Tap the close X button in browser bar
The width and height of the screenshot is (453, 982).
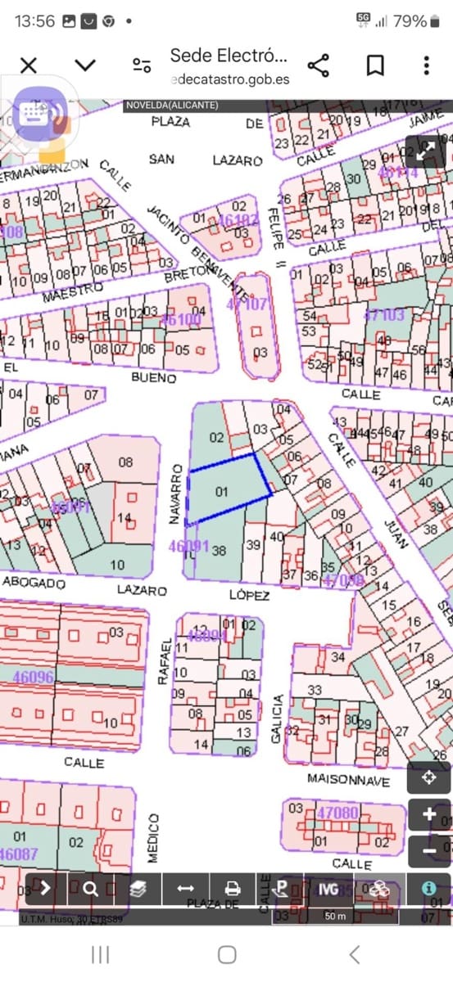pos(29,65)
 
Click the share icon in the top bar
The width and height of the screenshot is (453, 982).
pos(318,65)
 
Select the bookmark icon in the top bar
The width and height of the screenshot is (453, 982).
pos(375,65)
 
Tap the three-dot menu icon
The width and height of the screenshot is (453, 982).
pos(426,65)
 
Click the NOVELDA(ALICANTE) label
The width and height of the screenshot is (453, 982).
pos(171,106)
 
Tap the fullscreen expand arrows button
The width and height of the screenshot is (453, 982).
pos(426,150)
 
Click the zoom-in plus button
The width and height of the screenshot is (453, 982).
pos(428,814)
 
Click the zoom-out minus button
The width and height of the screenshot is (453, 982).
pos(428,850)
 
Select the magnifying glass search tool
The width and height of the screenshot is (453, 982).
pos(90,889)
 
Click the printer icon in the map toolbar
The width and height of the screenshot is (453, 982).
pos(233,889)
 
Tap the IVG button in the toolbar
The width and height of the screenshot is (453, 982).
pos(328,889)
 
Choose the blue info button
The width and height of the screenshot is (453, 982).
pos(428,889)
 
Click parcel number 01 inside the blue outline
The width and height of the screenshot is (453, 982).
pos(220,491)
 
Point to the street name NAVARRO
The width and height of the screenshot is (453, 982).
pos(177,493)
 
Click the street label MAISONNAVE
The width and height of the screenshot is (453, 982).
pos(348,780)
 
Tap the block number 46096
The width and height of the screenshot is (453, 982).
pos(34,677)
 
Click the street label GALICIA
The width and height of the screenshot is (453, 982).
pos(277,718)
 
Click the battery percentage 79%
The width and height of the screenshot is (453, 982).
pos(410,21)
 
